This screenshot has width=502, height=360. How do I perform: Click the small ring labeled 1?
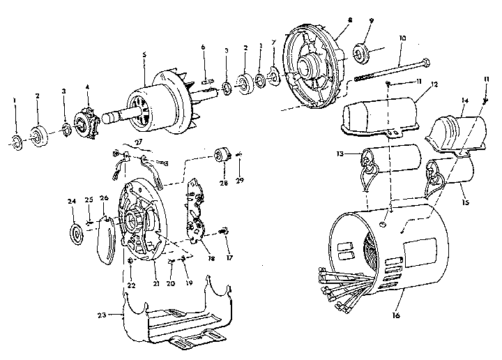click(x=16, y=143)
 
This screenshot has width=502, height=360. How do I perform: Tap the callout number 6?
click(x=203, y=46)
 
